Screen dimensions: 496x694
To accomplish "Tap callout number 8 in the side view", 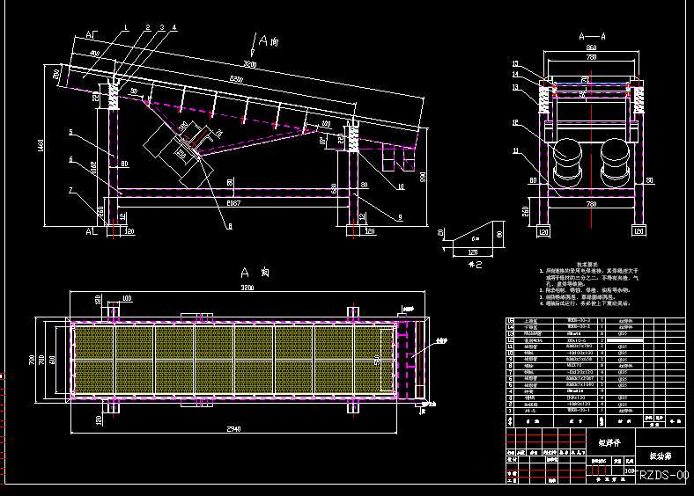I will [x=230, y=226].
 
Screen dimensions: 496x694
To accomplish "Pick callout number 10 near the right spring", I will [x=400, y=186].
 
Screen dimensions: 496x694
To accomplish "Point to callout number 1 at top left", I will [x=126, y=27].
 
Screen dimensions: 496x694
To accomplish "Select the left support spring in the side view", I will [x=113, y=97].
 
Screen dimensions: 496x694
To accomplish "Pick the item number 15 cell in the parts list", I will [x=512, y=321].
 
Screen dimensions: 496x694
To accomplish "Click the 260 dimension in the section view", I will [x=525, y=211].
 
